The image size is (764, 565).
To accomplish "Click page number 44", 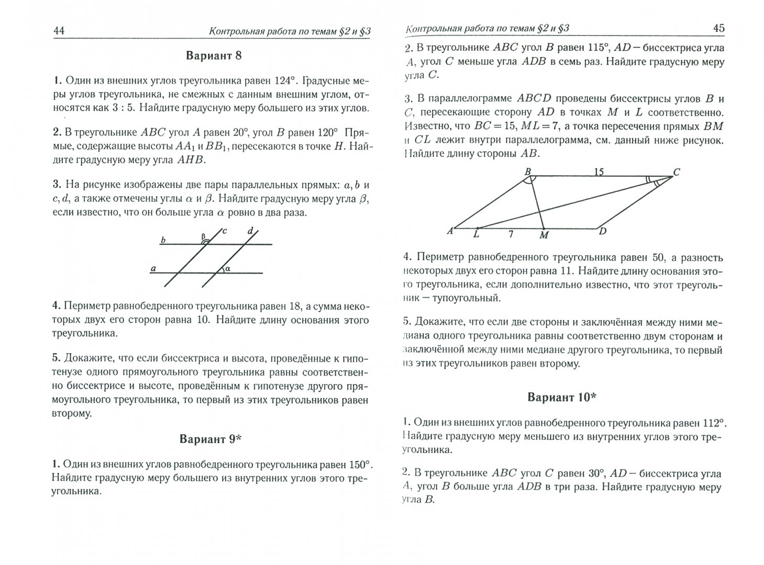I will click(x=59, y=31).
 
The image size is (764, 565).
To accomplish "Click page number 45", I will click(x=718, y=28).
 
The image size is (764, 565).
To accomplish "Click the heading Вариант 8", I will click(x=213, y=56).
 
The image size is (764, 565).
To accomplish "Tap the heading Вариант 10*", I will click(x=562, y=397).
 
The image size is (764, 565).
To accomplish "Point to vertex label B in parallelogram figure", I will click(x=527, y=171).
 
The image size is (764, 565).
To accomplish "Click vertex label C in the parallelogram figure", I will click(x=676, y=172).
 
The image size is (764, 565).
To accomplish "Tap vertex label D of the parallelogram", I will click(x=602, y=231).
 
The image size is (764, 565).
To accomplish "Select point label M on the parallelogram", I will click(x=544, y=235).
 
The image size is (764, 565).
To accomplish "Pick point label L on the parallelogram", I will click(x=476, y=234).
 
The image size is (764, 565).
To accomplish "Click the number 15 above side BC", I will click(x=599, y=171).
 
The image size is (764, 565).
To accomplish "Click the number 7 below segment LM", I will click(x=510, y=234).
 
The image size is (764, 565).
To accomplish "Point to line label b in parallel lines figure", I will click(x=163, y=240).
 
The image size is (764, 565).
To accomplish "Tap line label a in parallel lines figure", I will click(x=153, y=268).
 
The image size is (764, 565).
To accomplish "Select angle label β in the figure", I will click(x=203, y=236).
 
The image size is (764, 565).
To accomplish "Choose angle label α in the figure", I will click(x=228, y=268).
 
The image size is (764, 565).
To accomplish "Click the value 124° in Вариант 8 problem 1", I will click(x=285, y=81).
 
